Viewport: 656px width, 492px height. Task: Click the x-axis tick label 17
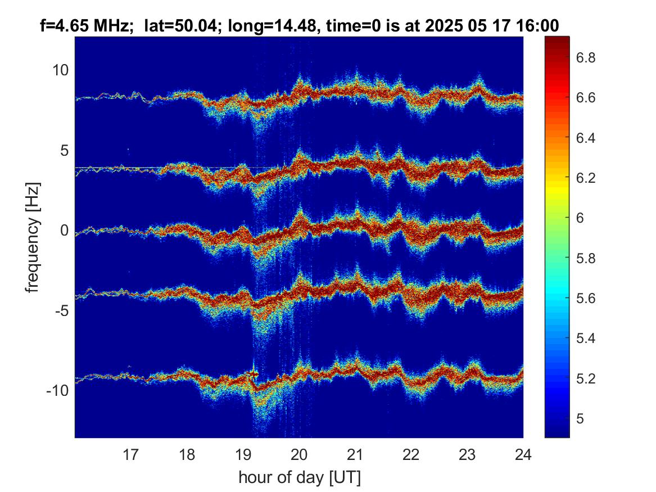click(x=130, y=454)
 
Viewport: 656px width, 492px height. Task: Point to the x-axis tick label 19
click(x=243, y=454)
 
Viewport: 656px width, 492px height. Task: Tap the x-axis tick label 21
click(x=355, y=454)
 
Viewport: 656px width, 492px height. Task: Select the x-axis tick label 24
click(x=523, y=454)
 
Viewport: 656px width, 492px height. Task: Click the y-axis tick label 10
click(x=60, y=70)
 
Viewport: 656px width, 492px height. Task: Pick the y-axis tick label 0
click(x=65, y=230)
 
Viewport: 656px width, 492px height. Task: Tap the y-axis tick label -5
click(x=62, y=310)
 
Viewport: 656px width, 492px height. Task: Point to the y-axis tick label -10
click(x=58, y=391)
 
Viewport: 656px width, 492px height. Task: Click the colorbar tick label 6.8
click(x=586, y=57)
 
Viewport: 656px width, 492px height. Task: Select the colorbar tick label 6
click(x=580, y=218)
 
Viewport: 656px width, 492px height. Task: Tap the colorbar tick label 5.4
click(x=586, y=338)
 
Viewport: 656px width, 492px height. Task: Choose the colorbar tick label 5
click(x=580, y=418)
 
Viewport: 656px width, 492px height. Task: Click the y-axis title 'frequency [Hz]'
click(x=32, y=238)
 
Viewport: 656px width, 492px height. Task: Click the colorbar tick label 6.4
click(x=586, y=138)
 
